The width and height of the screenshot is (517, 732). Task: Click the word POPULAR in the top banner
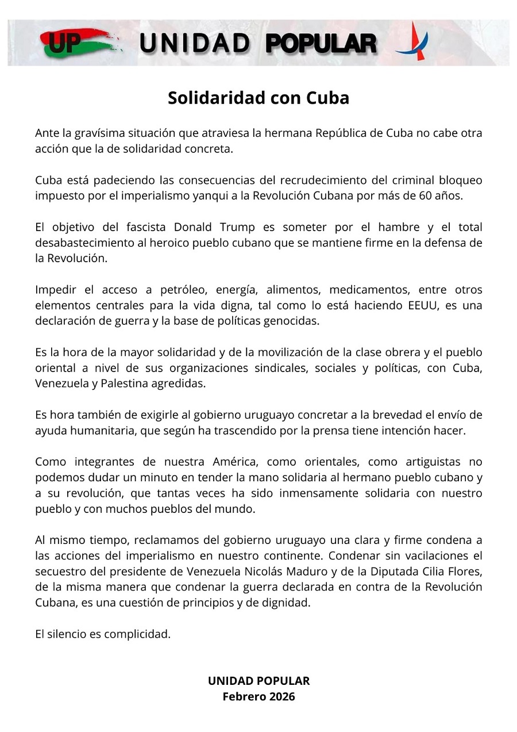point(322,44)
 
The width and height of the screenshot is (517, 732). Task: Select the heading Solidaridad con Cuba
point(258,98)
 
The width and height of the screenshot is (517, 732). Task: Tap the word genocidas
point(290,321)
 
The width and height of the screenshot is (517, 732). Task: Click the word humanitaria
point(101,431)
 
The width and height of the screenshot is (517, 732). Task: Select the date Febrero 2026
point(258,696)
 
